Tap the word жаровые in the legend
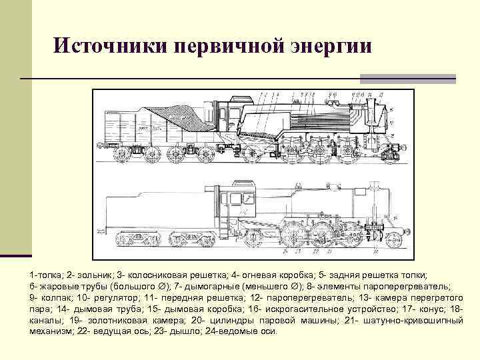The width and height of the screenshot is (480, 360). pyautogui.click(x=58, y=285)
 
